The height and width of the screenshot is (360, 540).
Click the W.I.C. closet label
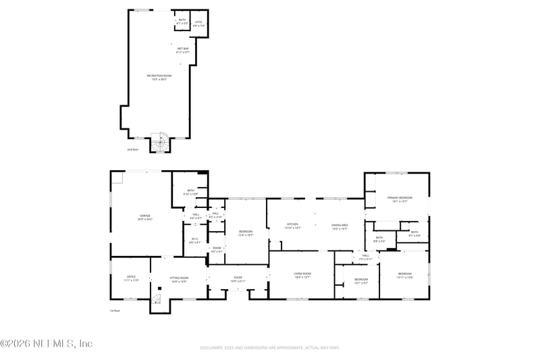194,240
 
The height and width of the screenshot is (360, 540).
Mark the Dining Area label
339,226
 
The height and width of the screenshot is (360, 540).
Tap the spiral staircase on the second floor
159,143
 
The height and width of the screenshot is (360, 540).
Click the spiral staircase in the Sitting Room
157,297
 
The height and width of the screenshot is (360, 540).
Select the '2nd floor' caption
132,149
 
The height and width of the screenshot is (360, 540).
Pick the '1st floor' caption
115,311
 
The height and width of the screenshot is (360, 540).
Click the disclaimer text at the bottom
269,348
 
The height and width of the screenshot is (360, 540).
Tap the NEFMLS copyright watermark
46,343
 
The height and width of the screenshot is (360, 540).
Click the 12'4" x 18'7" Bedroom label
245,233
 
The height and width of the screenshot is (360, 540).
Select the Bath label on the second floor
181,22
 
